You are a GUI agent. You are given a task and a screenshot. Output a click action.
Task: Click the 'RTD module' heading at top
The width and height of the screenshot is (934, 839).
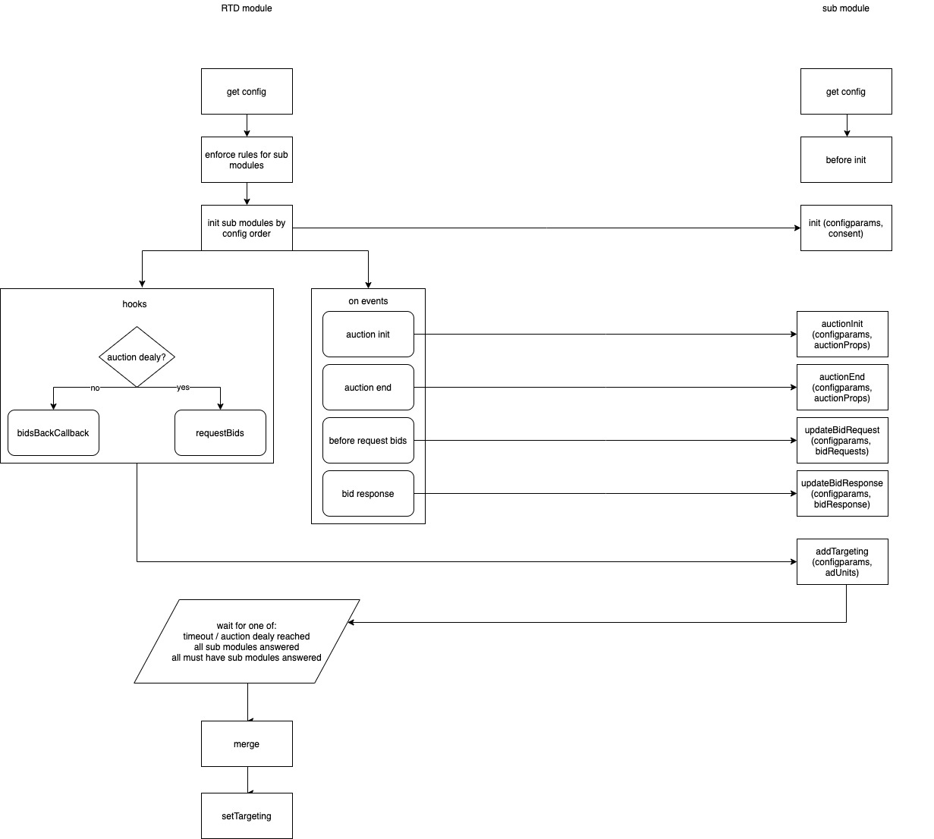[x=246, y=8]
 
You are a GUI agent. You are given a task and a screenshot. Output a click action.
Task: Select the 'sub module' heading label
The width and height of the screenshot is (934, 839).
[x=845, y=8]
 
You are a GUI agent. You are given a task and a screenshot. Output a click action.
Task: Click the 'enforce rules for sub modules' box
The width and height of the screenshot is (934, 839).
[x=247, y=160]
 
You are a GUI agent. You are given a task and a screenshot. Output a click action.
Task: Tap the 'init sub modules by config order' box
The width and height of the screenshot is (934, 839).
[x=247, y=228]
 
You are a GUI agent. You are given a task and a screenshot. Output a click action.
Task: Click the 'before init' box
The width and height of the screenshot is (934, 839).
[x=846, y=160]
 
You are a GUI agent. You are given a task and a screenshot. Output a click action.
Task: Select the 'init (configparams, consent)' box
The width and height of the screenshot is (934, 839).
[x=846, y=228]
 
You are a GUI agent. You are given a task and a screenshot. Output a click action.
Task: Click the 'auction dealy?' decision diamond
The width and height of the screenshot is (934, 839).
[x=137, y=357]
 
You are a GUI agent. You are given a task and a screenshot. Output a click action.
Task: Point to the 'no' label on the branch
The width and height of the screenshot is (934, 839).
[x=95, y=388]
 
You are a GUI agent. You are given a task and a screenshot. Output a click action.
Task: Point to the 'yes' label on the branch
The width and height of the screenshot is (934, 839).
[x=183, y=388]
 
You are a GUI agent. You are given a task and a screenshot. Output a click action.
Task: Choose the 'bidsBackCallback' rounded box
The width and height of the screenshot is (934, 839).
[x=53, y=433]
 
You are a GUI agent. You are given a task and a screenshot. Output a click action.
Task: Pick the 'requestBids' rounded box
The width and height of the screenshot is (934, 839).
[x=220, y=433]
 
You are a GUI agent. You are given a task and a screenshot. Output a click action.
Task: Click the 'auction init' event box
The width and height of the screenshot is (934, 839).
[x=368, y=335]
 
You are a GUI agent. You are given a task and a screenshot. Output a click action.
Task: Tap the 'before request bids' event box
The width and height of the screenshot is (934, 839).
[x=368, y=441]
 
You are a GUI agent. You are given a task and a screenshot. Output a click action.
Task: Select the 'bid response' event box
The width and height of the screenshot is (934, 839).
[x=368, y=494]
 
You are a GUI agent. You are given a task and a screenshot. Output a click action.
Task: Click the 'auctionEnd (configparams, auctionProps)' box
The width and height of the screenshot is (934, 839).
[x=842, y=388]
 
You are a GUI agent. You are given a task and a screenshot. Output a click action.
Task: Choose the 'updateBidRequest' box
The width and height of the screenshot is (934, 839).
[x=842, y=441]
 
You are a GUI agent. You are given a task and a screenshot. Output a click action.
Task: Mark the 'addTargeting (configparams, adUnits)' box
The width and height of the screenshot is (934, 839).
[x=842, y=562]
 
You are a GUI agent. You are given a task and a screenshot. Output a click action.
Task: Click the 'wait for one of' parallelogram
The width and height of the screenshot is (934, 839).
[x=247, y=642]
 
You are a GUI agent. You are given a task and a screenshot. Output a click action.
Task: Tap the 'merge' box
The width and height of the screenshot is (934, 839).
[x=247, y=744]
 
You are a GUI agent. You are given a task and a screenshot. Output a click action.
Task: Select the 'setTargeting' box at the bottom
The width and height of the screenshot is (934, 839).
[x=247, y=816]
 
